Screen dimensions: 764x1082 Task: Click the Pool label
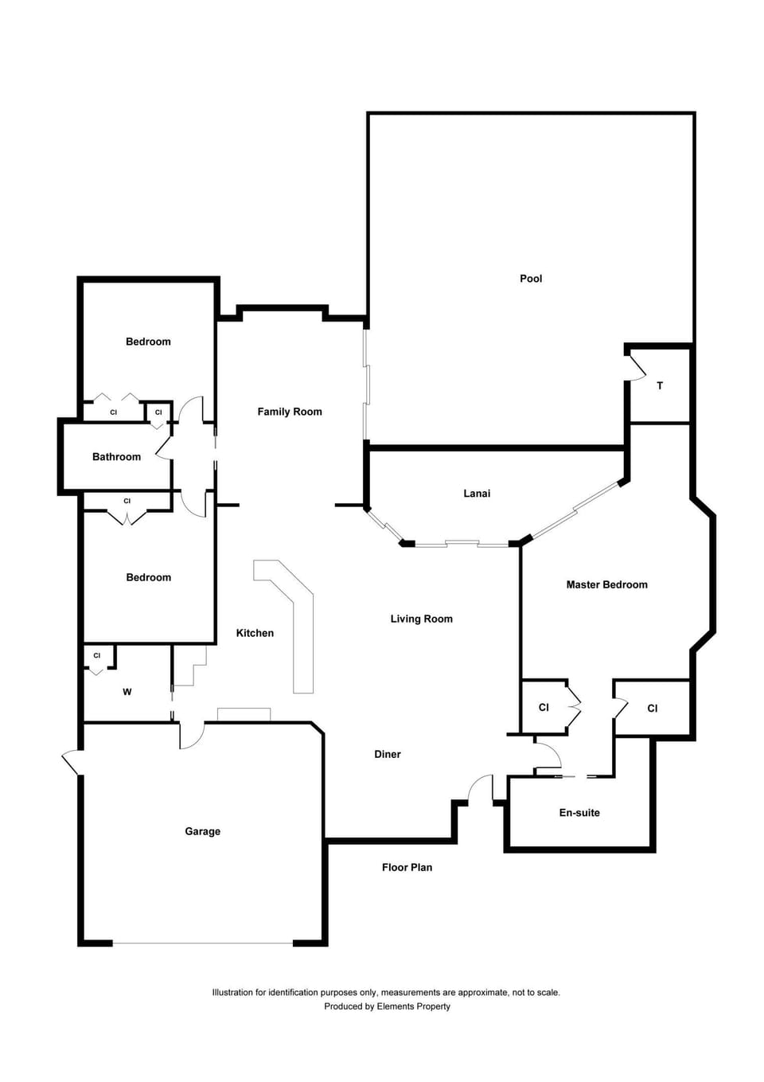point(531,279)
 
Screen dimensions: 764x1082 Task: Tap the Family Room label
point(289,412)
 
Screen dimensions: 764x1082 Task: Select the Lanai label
point(477,493)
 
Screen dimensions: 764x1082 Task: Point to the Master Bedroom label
point(606,584)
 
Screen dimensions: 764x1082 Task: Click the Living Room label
point(422,619)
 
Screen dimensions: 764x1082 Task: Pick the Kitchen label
point(255,633)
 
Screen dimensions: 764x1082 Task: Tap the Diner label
point(388,754)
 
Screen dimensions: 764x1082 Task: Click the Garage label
point(202,831)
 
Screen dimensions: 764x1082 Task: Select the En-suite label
point(579,812)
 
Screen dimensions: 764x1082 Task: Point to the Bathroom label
point(116,456)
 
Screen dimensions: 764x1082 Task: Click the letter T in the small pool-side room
point(660,386)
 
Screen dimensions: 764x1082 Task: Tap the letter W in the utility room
point(127,692)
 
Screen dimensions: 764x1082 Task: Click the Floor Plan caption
point(407,867)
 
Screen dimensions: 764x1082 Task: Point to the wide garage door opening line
point(203,943)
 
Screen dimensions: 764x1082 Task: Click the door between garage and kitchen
point(191,735)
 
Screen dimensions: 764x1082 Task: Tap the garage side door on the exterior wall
point(72,762)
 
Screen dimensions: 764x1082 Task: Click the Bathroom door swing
point(164,447)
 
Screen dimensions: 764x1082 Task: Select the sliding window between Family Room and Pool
point(365,385)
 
